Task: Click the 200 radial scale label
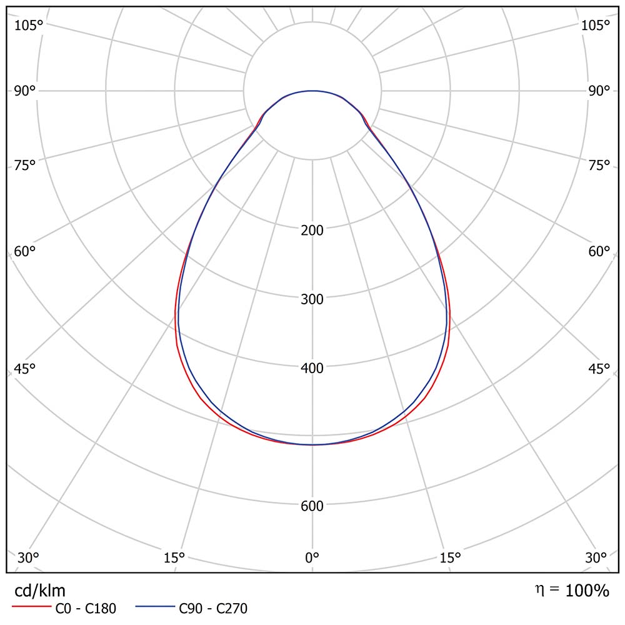coord(312,231)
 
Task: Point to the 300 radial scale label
coord(312,299)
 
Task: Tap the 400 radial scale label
coord(312,368)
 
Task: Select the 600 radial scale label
coord(312,506)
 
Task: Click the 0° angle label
coord(312,557)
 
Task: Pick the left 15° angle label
coord(174,557)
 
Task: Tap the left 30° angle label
coord(29,557)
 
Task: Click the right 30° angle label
coord(596,557)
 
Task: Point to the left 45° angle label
coord(25,369)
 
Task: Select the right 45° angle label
coord(599,369)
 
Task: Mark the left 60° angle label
coord(25,252)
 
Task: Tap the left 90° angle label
coord(25,91)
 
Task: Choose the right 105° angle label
coord(595,25)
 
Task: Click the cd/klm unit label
coord(40,591)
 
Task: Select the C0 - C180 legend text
coord(86,607)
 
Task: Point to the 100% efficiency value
coord(587,591)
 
